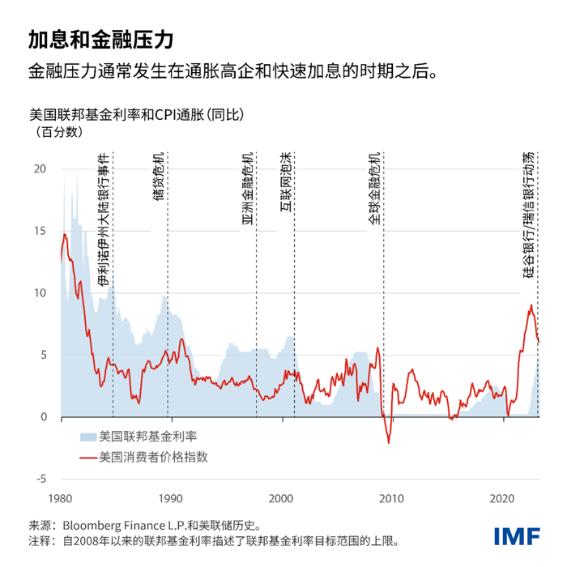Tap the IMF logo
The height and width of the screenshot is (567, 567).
(x=517, y=538)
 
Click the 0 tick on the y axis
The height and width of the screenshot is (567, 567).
(x=44, y=417)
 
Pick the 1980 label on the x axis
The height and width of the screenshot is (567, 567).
(x=60, y=497)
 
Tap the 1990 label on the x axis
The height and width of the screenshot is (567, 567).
(x=171, y=497)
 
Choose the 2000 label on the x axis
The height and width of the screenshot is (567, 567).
(x=281, y=497)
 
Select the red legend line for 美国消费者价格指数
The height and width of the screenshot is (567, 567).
(x=87, y=457)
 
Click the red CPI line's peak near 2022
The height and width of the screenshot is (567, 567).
(x=531, y=305)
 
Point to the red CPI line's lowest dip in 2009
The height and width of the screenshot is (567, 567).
(x=389, y=443)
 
